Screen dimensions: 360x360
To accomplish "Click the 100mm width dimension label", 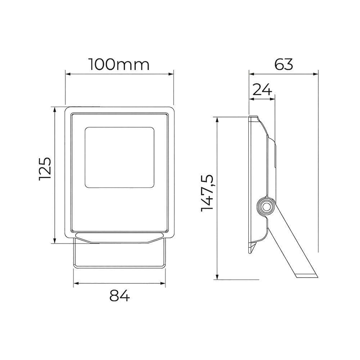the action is pyautogui.click(x=119, y=64).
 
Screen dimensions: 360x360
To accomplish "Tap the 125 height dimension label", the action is pyautogui.click(x=45, y=169).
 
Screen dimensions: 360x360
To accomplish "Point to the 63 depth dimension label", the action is pyautogui.click(x=284, y=64).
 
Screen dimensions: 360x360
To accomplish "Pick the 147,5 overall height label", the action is pyautogui.click(x=207, y=193).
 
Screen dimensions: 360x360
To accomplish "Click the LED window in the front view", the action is pyautogui.click(x=120, y=158).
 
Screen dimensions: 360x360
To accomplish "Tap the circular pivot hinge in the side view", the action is pyautogui.click(x=266, y=207).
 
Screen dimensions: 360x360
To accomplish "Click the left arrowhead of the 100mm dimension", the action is pyautogui.click(x=68, y=74).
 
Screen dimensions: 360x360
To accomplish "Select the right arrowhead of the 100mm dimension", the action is pyautogui.click(x=171, y=74).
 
